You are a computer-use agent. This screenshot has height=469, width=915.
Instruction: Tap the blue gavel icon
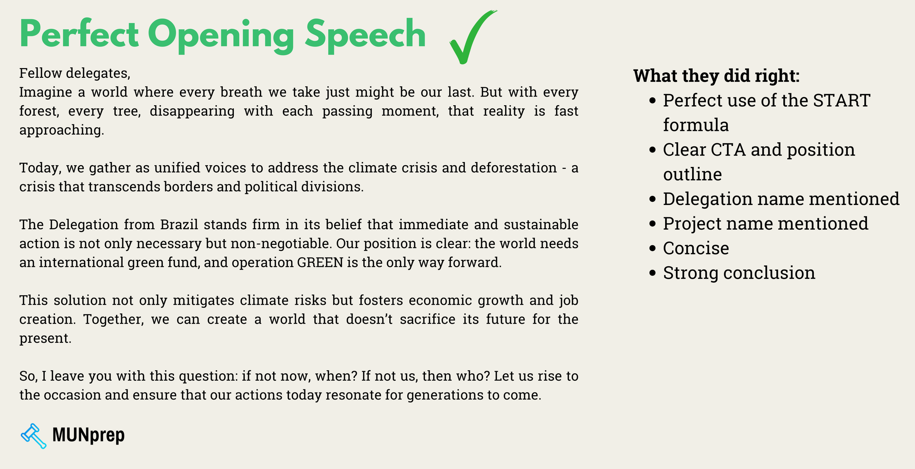coord(33,436)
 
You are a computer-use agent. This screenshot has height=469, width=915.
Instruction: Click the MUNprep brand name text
coord(88,435)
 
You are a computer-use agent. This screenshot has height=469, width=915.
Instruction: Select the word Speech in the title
coord(365,35)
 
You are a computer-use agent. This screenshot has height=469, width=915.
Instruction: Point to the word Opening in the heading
coord(221,35)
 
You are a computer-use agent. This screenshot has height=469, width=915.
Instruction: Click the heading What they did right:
coord(716,76)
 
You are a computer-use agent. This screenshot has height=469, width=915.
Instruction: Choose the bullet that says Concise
coord(695,248)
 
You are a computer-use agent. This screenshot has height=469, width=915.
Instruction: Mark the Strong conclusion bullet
coord(738,273)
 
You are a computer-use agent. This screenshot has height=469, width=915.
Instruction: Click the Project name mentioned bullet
coord(765,224)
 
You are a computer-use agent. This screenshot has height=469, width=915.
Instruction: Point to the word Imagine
coord(45,92)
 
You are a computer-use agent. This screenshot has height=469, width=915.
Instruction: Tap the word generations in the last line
coord(443,395)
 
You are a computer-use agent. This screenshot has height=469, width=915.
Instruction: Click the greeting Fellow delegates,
coord(75,73)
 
